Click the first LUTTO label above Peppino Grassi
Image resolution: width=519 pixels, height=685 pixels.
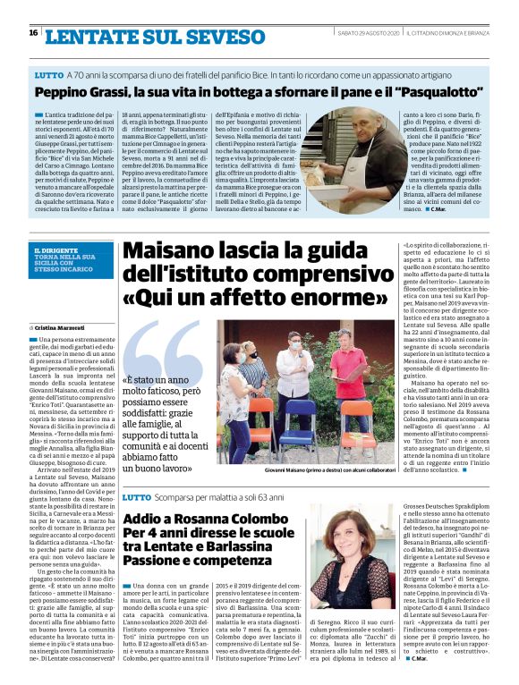pyautogui.click(x=48, y=74)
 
